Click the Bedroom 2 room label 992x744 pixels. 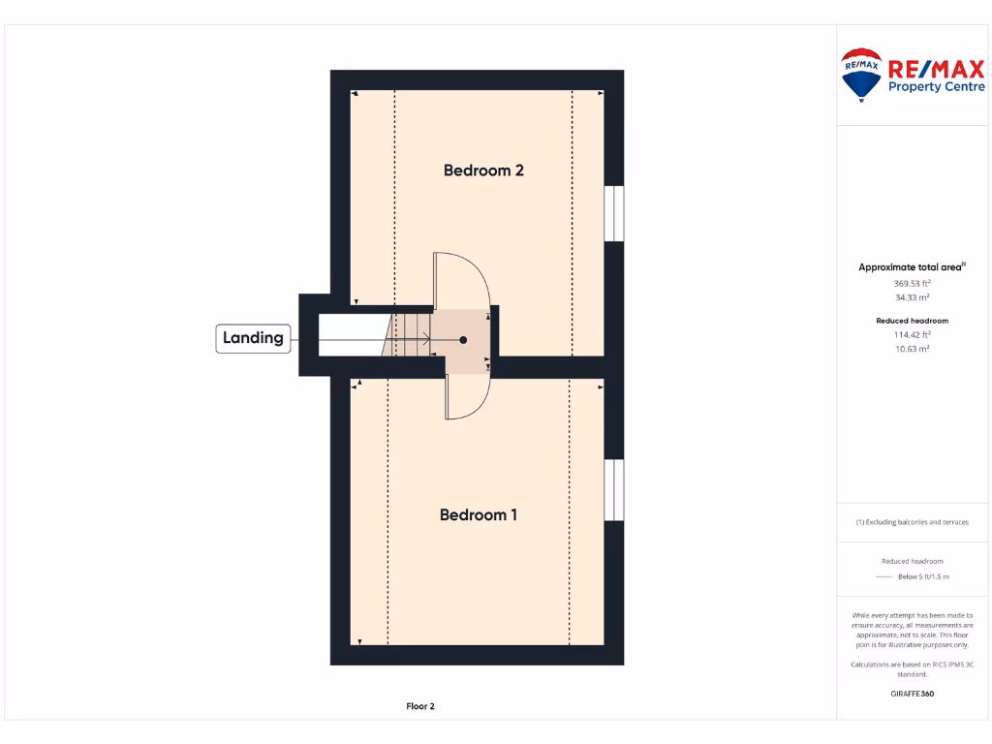[483, 170]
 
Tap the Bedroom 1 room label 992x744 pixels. [479, 514]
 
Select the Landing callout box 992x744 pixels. [253, 338]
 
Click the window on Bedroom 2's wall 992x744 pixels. [614, 212]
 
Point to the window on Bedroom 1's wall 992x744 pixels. [614, 489]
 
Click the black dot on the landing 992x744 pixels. [463, 340]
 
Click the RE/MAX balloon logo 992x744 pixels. [860, 74]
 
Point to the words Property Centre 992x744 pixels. [936, 87]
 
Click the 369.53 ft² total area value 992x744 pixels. [912, 283]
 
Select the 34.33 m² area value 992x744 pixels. [912, 297]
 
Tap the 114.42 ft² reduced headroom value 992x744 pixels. [912, 334]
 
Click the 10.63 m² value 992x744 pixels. [912, 349]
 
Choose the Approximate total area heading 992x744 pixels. [911, 267]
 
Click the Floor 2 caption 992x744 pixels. [420, 706]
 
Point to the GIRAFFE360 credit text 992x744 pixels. [912, 694]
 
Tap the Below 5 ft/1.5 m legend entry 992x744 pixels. [923, 576]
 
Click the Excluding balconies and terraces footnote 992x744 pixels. [912, 522]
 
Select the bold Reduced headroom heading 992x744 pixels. [912, 321]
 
